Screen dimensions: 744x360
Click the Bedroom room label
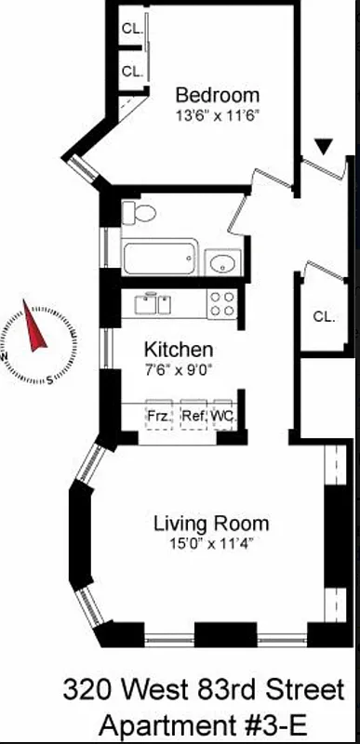click(x=218, y=95)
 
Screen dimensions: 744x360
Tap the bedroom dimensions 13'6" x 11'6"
click(x=218, y=115)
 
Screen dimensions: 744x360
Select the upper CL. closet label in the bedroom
click(x=132, y=29)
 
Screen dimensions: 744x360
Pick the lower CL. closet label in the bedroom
click(x=132, y=71)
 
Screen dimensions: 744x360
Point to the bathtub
click(x=161, y=258)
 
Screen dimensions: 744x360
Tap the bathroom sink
click(x=223, y=263)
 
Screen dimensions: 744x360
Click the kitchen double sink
click(x=153, y=303)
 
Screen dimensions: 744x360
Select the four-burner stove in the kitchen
click(x=221, y=304)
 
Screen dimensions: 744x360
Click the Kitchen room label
click(x=178, y=350)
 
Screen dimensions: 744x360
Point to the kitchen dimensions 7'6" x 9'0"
click(x=178, y=369)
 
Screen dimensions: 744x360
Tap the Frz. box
click(x=159, y=416)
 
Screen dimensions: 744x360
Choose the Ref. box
click(x=193, y=416)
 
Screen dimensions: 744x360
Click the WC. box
click(x=222, y=416)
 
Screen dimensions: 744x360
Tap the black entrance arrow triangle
click(x=323, y=146)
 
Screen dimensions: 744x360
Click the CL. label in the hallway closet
click(x=323, y=316)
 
